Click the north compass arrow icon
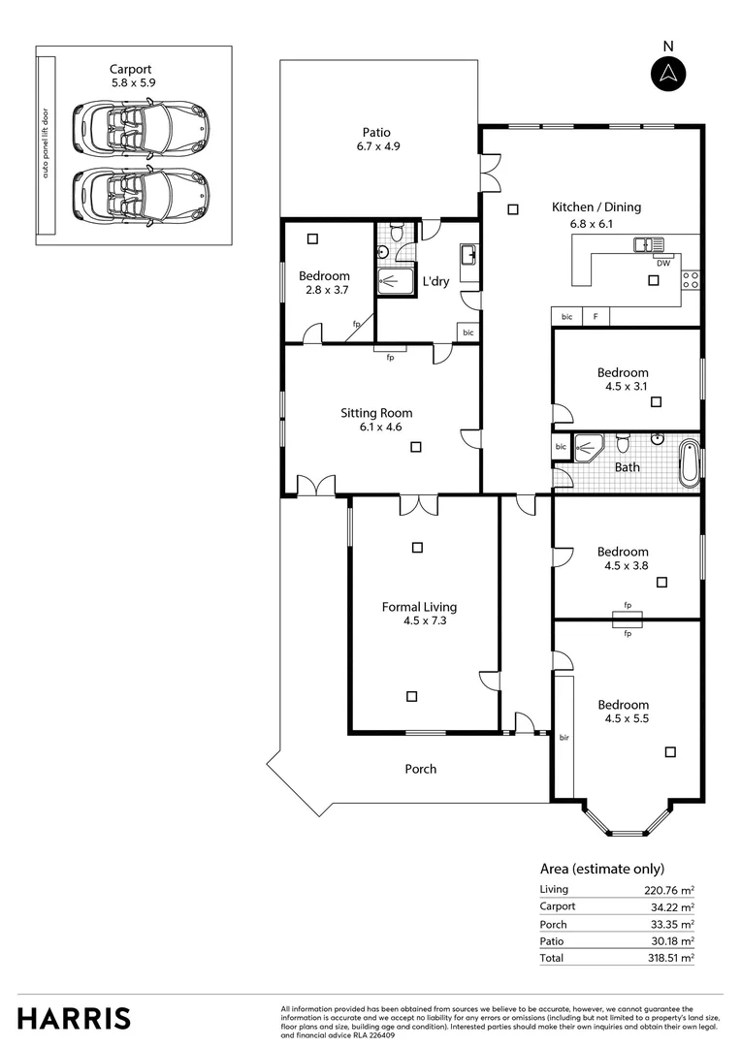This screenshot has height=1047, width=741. tap(667, 73)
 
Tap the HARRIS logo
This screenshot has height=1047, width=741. tap(74, 1017)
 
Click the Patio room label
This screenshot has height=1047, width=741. tap(377, 133)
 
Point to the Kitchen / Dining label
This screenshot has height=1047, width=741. tap(596, 206)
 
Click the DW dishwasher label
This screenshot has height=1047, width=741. tap(663, 263)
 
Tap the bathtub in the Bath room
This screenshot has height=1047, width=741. tap(688, 462)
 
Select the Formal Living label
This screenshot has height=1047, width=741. tap(419, 607)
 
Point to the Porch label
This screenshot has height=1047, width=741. tap(420, 769)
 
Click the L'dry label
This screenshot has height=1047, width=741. tap(436, 281)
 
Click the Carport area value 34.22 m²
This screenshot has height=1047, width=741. tap(673, 906)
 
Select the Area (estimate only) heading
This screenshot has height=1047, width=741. tap(601, 869)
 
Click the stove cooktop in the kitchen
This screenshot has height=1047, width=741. tap(692, 280)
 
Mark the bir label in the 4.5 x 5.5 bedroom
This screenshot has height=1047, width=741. tap(564, 738)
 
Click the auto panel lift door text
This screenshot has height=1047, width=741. tap(44, 145)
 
